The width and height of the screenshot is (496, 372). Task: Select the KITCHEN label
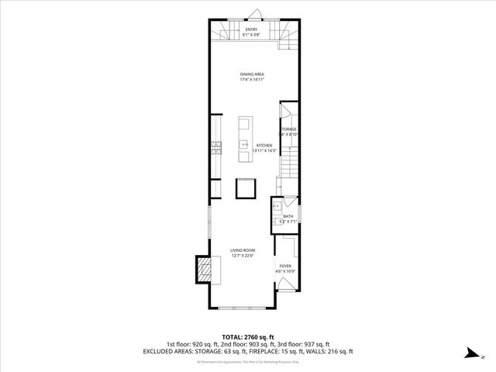coord(264,145)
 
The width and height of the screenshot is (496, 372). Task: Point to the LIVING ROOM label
coord(243,250)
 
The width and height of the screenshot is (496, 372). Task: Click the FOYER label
coord(284,265)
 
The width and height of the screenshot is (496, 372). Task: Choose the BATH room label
coord(288,216)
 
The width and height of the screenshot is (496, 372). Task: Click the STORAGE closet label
coord(288,129)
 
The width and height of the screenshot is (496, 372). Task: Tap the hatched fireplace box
coord(204,269)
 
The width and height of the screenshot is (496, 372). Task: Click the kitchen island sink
coord(245,144)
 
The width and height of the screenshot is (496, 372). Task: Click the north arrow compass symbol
coord(468,353)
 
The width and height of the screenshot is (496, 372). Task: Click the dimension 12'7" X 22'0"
coord(243,255)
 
